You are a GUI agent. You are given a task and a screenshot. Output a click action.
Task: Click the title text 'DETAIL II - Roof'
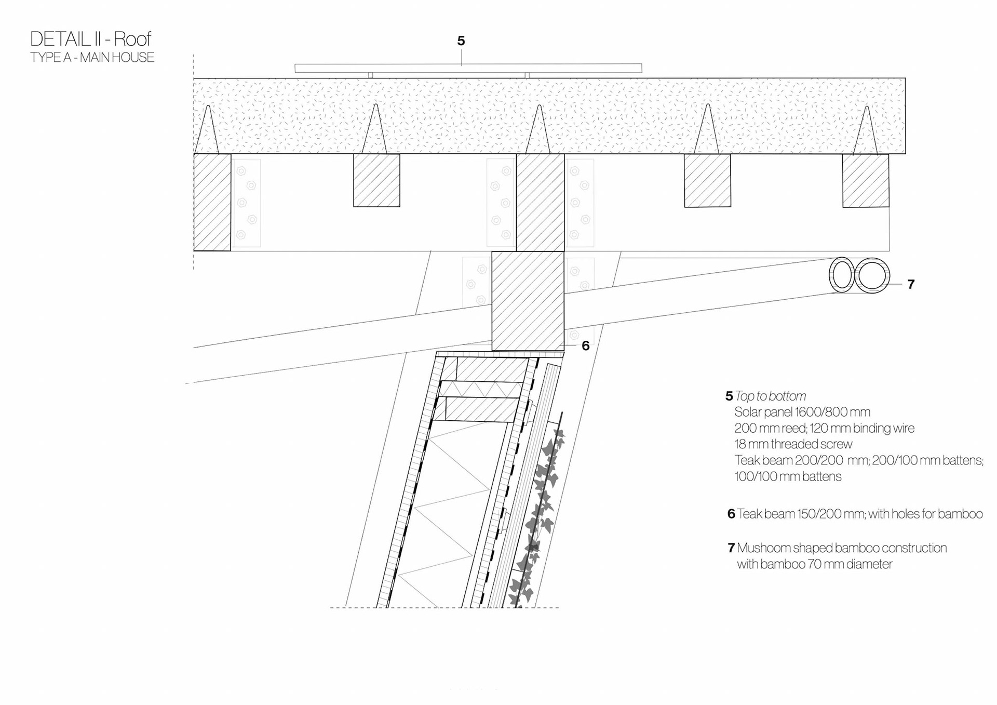90,39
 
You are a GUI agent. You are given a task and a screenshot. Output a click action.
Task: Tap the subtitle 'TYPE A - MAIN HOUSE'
92,57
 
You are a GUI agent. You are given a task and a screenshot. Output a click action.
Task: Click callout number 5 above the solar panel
461,41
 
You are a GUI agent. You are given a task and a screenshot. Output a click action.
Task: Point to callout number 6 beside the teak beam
585,346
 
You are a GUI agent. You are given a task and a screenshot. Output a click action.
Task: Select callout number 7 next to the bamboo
910,284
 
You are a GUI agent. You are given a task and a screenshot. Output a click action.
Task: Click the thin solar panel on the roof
468,68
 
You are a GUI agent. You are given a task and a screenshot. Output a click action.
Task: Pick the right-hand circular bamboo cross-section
872,275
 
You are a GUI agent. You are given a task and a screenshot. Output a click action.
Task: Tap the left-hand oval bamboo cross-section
841,275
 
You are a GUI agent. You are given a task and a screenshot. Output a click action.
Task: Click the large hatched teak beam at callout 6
528,301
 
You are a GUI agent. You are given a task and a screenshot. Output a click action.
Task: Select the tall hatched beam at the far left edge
212,202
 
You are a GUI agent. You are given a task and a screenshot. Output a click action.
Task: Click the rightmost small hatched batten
865,180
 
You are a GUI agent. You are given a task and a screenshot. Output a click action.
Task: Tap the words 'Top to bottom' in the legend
771,396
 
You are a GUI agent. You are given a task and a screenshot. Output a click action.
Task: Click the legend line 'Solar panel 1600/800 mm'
802,412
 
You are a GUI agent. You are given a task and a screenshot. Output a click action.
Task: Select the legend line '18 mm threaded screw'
793,444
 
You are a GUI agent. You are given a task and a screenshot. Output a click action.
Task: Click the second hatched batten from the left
376,180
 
